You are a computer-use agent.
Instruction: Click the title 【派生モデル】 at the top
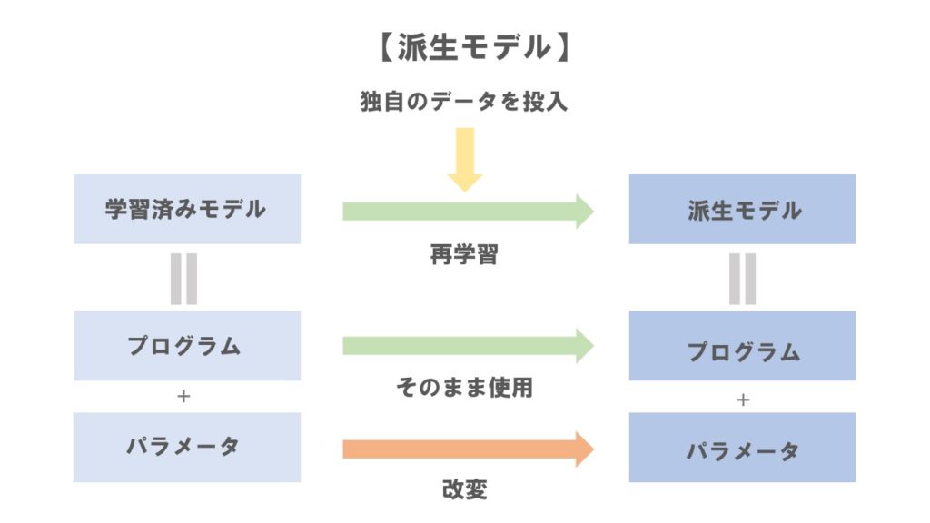(464, 48)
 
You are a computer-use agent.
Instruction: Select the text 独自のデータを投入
(464, 102)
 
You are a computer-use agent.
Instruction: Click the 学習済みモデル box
(186, 209)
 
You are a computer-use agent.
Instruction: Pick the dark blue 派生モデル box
(742, 210)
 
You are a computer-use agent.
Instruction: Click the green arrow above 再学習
(467, 212)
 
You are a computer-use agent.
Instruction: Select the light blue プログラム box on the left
(186, 346)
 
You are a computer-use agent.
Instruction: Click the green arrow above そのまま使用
(467, 346)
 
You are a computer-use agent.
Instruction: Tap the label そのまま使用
(464, 389)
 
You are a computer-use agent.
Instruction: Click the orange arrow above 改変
(467, 449)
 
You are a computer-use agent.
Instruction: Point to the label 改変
(464, 490)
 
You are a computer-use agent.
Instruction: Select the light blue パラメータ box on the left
(186, 448)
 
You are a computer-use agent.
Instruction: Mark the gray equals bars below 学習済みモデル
(183, 278)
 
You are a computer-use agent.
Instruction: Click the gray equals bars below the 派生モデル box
(742, 278)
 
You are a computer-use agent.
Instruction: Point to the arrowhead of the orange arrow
(582, 449)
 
